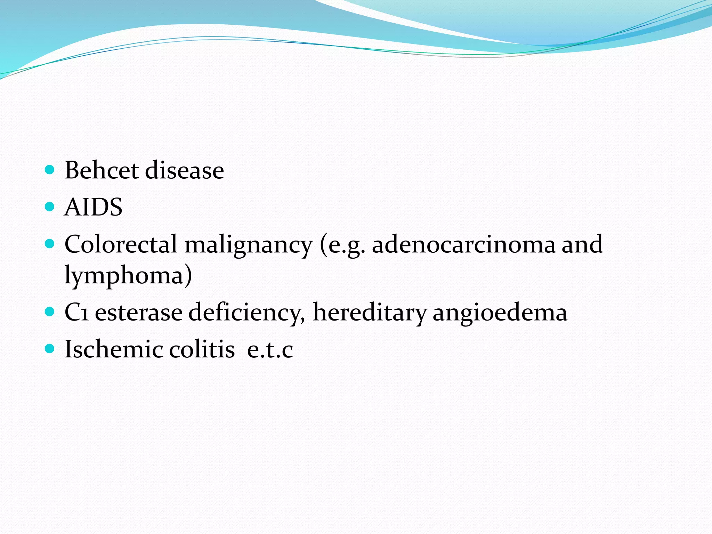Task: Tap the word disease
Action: pyautogui.click(x=184, y=170)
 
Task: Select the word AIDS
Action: pyautogui.click(x=93, y=207)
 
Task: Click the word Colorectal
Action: pyautogui.click(x=121, y=244)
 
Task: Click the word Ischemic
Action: pyautogui.click(x=113, y=349)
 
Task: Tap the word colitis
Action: pyautogui.click(x=202, y=349)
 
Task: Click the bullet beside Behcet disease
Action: pyautogui.click(x=50, y=170)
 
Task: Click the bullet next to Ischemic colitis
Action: pyautogui.click(x=50, y=349)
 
